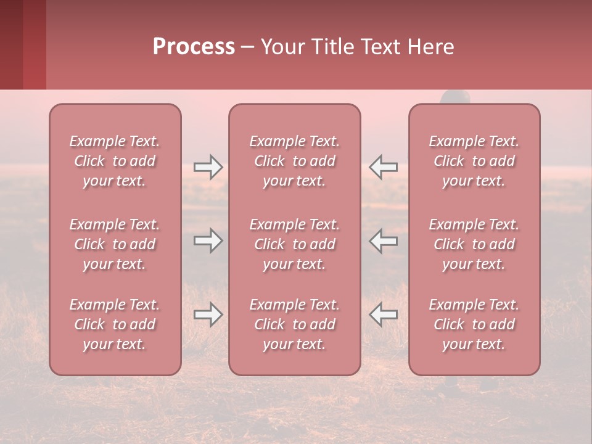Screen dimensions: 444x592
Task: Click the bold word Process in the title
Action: [194, 47]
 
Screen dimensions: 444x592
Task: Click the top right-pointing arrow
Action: [208, 167]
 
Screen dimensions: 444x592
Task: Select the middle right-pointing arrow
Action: [208, 240]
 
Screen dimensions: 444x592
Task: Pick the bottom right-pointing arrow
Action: [208, 314]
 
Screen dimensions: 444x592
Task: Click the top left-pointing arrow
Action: [384, 167]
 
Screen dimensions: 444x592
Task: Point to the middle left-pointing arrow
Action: [384, 240]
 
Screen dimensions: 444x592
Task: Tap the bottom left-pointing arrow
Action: [384, 314]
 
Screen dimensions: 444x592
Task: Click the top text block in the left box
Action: [115, 161]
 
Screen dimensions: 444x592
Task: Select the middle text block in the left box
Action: [115, 244]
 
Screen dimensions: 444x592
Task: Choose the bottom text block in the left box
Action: [115, 324]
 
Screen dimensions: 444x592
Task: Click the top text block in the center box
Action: [294, 161]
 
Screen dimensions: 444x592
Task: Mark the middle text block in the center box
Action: [294, 244]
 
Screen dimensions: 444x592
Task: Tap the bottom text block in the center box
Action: [294, 324]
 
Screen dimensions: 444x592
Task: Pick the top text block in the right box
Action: [474, 161]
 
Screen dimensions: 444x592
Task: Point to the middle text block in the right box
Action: [474, 244]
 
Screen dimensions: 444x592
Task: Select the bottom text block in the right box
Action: [474, 324]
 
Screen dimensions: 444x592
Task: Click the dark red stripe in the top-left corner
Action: [34, 44]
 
